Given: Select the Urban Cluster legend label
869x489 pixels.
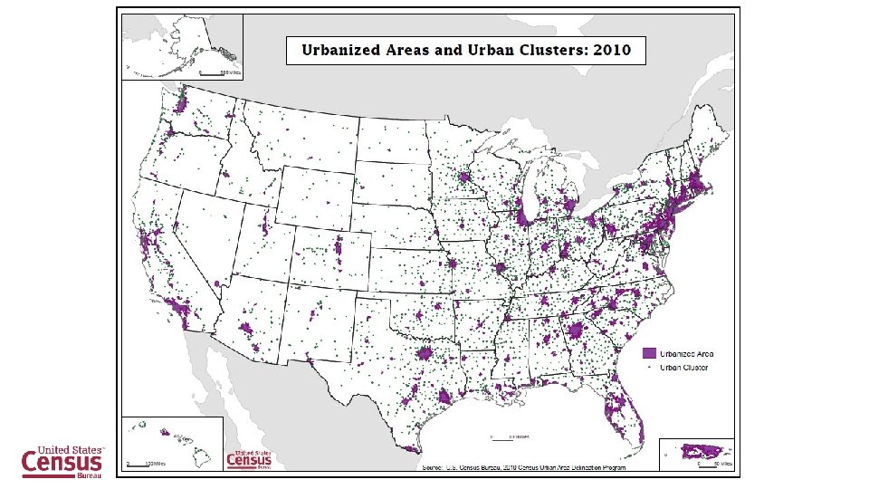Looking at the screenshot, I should (683, 368).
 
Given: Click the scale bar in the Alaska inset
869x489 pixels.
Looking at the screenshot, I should (217, 71).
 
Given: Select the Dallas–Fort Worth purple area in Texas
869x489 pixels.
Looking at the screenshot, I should (425, 354).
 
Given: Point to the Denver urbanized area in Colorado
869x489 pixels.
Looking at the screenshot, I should (339, 248).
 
